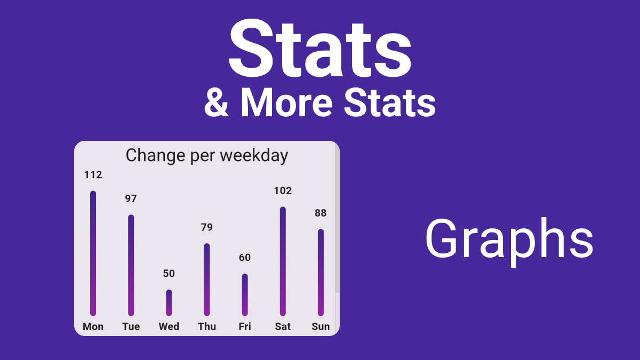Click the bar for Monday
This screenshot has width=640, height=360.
(x=93, y=253)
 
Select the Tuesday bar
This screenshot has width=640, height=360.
(x=131, y=265)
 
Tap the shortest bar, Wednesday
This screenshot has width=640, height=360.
(x=169, y=303)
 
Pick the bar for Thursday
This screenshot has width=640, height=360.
(x=207, y=279)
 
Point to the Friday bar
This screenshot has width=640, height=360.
(x=245, y=295)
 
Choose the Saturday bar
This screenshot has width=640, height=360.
(x=283, y=261)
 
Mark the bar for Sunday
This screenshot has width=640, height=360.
(x=321, y=273)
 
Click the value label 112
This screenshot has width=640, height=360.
(x=93, y=174)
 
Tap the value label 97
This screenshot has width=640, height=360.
(x=131, y=198)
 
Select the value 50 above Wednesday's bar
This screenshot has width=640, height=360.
(x=169, y=274)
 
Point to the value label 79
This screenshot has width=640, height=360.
(x=207, y=227)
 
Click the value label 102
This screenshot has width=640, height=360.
(x=283, y=190)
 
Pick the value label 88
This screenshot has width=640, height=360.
(x=321, y=213)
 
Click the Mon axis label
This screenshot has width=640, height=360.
(x=93, y=326)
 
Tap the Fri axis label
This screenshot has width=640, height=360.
(x=245, y=326)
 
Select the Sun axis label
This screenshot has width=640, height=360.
(x=321, y=326)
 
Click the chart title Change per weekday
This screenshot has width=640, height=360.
(x=207, y=156)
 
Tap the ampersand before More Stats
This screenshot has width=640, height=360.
(x=217, y=102)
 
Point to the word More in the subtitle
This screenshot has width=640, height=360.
(x=286, y=102)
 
